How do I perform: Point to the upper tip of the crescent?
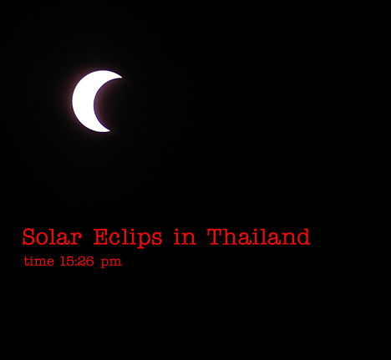coord(122,77)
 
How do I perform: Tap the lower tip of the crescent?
coord(109,130)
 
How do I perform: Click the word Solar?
coord(52,237)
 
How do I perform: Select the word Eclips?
coord(128,238)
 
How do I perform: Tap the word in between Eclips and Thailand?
coord(185,237)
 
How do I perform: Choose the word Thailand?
coord(259,237)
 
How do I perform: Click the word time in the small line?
coord(38,261)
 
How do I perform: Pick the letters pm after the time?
coord(111,262)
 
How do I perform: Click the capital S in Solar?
coord(28,237)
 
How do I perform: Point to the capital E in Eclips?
coord(100,237)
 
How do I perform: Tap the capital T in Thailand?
coord(215,237)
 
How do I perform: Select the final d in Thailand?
coord(302,237)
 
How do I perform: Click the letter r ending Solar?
coord(76,240)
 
